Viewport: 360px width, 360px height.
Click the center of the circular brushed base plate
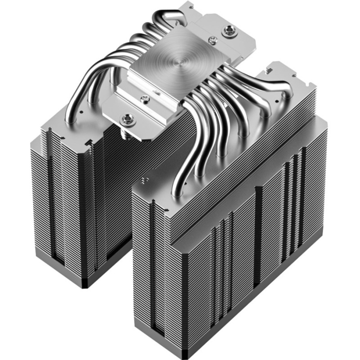tap(173, 58)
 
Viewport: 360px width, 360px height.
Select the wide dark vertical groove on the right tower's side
tap(257, 234)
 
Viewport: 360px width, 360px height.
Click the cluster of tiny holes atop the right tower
tap(144, 180)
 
